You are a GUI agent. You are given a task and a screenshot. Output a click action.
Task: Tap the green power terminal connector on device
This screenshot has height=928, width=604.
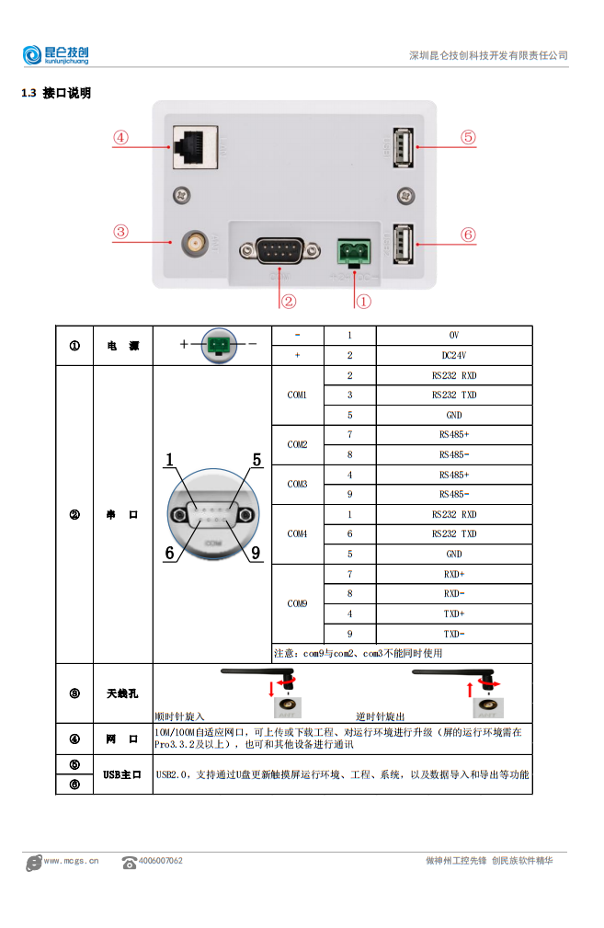(354, 249)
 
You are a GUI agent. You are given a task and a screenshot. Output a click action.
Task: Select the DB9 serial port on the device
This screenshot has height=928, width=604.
(271, 250)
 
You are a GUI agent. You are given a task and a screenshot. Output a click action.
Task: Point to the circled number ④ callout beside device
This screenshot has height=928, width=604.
(121, 138)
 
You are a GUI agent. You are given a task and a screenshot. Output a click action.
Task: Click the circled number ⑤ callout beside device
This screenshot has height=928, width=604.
(468, 138)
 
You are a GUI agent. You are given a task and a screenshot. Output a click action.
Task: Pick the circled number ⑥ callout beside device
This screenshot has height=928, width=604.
(468, 235)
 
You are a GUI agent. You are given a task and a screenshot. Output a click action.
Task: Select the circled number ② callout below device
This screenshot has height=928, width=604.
(288, 301)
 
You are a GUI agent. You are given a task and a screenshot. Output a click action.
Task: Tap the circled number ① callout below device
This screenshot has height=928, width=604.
(362, 301)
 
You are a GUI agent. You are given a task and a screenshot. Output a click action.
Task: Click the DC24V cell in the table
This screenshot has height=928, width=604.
(453, 355)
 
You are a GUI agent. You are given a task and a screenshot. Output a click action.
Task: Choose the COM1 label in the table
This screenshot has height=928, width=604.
(297, 395)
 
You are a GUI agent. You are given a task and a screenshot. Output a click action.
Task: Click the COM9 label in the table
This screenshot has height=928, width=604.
(297, 604)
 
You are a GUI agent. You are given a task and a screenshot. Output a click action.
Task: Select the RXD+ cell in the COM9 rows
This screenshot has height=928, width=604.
(453, 574)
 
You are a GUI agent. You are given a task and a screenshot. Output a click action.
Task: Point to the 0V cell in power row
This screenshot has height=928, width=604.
(453, 335)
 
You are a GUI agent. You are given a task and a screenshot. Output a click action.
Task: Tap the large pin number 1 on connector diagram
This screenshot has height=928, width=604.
(170, 459)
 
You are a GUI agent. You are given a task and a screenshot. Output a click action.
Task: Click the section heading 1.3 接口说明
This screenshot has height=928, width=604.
(56, 93)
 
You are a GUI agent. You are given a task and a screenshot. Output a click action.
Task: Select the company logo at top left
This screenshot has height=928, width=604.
(55, 55)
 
